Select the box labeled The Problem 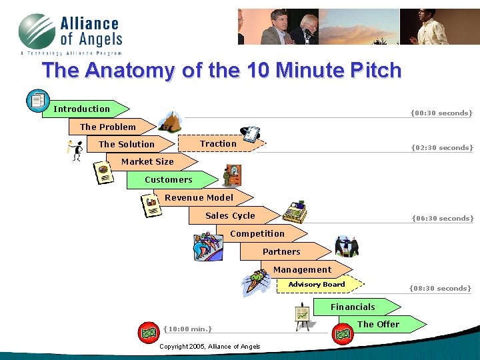tap(109, 127)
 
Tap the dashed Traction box tap(219, 144)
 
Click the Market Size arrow tap(148, 161)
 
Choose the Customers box tap(169, 179)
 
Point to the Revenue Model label tap(199, 197)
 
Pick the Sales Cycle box tap(230, 215)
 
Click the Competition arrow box tap(257, 233)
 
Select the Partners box tap(281, 251)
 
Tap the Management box tap(302, 269)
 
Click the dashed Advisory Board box tap(317, 285)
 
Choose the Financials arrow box tap(353, 307)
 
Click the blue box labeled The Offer tap(379, 324)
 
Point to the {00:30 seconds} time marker tap(441, 113)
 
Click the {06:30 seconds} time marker tap(443, 218)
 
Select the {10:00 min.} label tap(187, 328)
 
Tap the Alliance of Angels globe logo tap(37, 32)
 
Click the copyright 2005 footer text tap(210, 347)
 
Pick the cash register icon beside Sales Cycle tap(294, 211)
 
